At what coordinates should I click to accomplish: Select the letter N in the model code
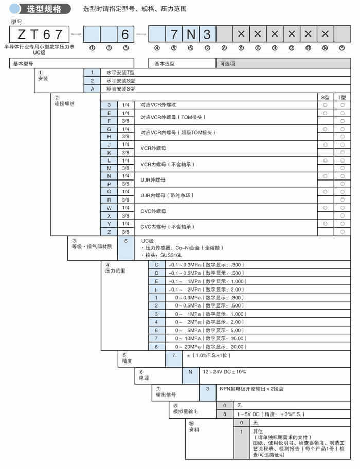(190, 34)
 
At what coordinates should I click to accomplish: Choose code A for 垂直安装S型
(92, 88)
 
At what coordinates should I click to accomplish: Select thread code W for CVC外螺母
(109, 208)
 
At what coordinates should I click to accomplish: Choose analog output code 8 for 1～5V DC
(224, 413)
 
